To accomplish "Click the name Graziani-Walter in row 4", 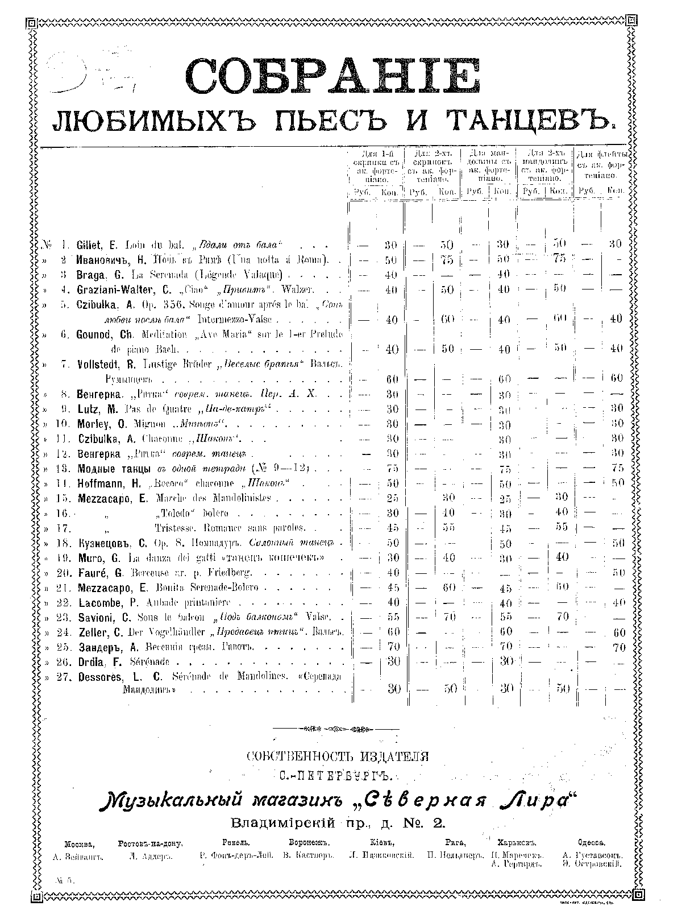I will pyautogui.click(x=118, y=289).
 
